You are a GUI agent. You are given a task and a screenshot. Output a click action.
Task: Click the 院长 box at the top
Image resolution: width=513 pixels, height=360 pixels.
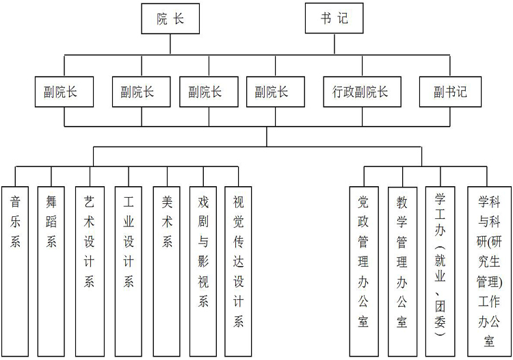pos(170,18)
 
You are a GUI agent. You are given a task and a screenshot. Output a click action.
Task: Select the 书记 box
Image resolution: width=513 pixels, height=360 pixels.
pos(334,18)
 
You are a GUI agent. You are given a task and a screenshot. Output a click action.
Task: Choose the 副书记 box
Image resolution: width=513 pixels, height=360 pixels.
pos(451,92)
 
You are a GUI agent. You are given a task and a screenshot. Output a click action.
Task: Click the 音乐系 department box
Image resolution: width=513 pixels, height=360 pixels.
pos(15,270)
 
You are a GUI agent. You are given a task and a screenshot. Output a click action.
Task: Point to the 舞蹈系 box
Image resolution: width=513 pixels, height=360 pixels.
pos(51,270)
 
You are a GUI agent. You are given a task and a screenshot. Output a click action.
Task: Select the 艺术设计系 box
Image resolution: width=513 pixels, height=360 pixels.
pos(90,270)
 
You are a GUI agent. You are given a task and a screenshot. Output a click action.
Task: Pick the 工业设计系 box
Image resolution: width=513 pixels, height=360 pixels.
pos(129,270)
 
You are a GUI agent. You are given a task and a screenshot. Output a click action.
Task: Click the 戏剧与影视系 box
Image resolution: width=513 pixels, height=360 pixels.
pos(203,270)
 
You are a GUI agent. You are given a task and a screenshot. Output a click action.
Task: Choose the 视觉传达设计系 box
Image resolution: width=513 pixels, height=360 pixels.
pos(239,270)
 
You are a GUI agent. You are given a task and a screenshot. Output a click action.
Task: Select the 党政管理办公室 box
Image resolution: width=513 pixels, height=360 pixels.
pos(363,270)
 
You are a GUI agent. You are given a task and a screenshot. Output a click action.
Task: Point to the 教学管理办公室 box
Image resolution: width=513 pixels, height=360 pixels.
pos(402,270)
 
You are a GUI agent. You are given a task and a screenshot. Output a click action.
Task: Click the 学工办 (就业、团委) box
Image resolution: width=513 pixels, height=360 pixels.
pos(440,270)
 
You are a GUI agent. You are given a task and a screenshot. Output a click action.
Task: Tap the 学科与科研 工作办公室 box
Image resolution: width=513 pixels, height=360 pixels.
pos(489,270)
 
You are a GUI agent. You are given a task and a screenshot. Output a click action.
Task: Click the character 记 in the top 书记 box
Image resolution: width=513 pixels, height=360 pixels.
pos(342,18)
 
